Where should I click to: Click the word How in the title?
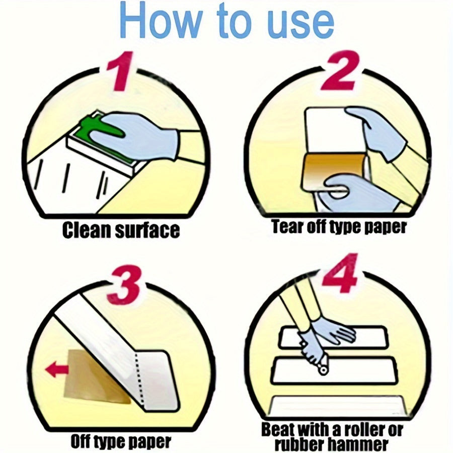(161, 20)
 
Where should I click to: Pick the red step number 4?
(341, 273)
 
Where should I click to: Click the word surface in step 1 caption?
(147, 230)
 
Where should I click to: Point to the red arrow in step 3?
(57, 370)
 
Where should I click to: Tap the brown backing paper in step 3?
(93, 375)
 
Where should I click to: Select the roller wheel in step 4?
(323, 369)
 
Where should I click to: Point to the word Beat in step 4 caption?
(277, 430)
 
